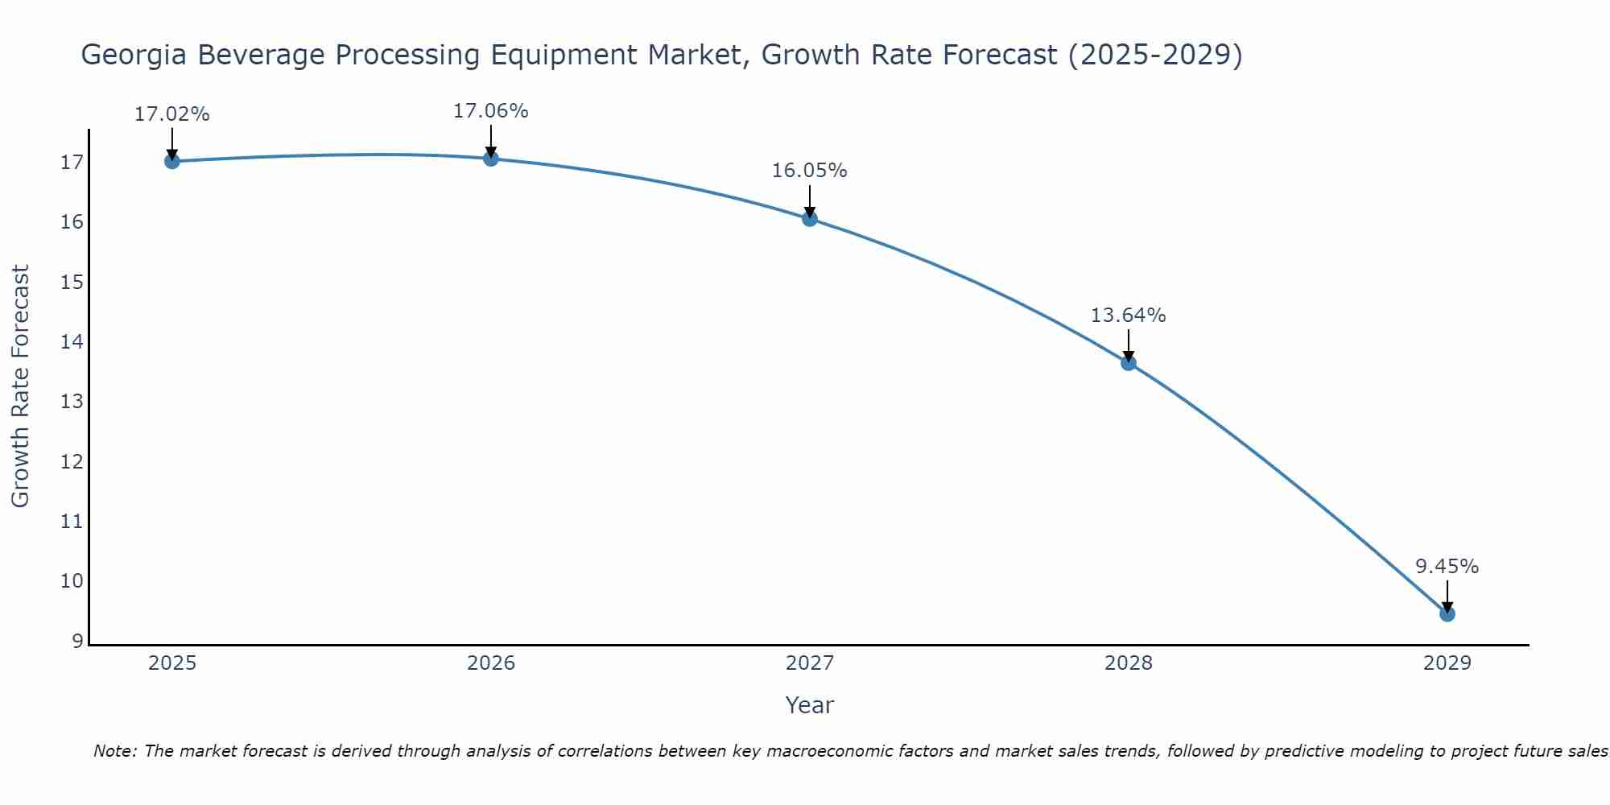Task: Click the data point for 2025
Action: [171, 161]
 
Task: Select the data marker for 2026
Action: [491, 159]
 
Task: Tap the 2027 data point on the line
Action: [810, 218]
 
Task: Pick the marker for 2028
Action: [1129, 363]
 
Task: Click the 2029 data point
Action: [1447, 614]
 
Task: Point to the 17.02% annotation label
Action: [171, 114]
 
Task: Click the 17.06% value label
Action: [490, 111]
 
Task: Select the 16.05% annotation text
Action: [809, 171]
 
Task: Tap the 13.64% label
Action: [1128, 316]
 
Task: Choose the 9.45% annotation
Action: [1447, 567]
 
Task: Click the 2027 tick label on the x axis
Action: [810, 663]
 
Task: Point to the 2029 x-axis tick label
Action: [1447, 663]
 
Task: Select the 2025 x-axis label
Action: [172, 663]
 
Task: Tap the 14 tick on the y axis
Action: [72, 342]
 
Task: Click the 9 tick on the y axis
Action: [77, 642]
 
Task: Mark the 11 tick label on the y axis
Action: [72, 522]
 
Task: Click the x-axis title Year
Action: [809, 705]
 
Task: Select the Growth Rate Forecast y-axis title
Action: [20, 386]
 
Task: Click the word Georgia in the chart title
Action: [134, 55]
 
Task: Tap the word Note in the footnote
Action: [115, 751]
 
